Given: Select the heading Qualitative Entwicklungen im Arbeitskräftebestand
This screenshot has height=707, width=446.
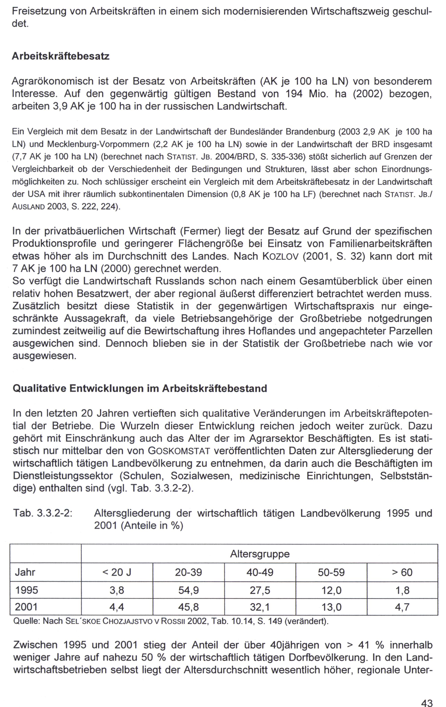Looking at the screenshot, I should (140, 389).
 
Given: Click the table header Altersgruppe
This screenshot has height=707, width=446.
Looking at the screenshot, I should (260, 554).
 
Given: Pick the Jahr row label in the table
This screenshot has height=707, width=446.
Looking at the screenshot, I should (25, 572).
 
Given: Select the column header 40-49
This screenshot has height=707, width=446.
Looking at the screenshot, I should (260, 572).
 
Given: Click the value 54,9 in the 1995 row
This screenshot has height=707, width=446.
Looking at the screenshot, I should (188, 590).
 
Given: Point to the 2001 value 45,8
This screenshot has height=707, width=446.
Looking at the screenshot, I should (188, 607).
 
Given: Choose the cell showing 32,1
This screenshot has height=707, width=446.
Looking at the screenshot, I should (260, 607).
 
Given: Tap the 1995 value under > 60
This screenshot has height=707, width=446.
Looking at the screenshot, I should (402, 590).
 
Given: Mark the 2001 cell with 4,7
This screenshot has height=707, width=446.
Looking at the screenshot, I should (402, 607).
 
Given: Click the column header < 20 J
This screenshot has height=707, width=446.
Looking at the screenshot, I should (117, 572).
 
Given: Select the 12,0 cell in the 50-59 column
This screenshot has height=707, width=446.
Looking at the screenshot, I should (331, 590).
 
